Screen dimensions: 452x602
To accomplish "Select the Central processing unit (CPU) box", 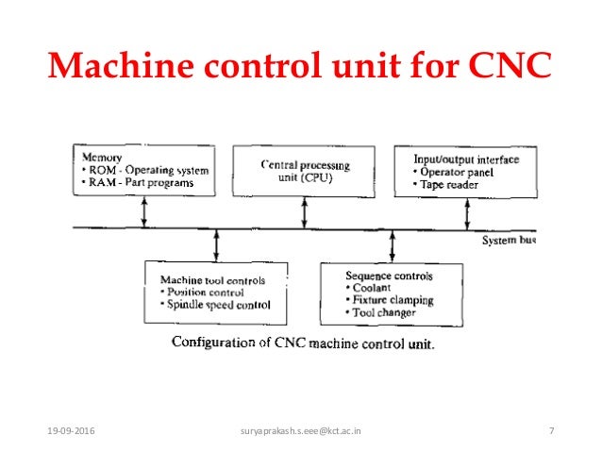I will pyautogui.click(x=304, y=172).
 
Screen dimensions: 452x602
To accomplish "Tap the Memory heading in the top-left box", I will pyautogui.click(x=102, y=157).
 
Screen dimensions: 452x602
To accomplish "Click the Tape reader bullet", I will pyautogui.click(x=447, y=185).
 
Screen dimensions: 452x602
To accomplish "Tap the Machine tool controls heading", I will pyautogui.click(x=212, y=280).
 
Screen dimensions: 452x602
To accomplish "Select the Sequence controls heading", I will pyautogui.click(x=390, y=276).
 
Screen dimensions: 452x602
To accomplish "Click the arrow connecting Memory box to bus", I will pyautogui.click(x=143, y=212).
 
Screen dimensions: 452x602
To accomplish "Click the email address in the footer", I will pyautogui.click(x=301, y=431).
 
